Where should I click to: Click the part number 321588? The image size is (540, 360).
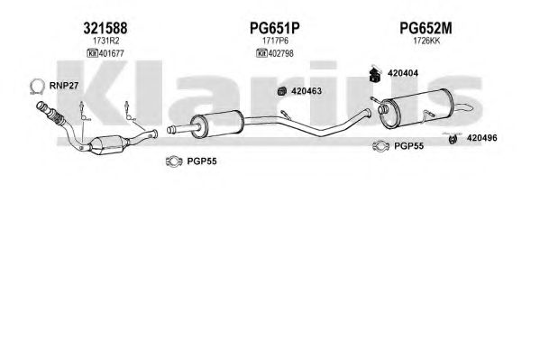click(x=105, y=28)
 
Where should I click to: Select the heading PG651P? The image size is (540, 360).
click(x=274, y=28)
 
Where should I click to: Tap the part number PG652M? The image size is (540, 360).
click(x=426, y=28)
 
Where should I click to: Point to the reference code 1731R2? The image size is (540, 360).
click(x=105, y=41)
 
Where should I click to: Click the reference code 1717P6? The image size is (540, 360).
click(x=275, y=41)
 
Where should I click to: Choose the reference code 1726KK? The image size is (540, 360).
click(x=426, y=41)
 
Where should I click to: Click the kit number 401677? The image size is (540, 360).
click(x=111, y=53)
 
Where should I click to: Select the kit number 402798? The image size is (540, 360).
click(x=280, y=53)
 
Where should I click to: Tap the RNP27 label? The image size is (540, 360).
click(x=64, y=86)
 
